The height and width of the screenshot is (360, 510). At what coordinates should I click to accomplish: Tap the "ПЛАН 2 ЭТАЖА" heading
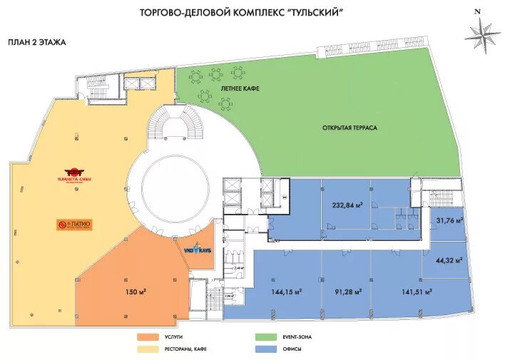[36, 42]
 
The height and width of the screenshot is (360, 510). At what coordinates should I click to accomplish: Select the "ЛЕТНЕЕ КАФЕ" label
[240, 88]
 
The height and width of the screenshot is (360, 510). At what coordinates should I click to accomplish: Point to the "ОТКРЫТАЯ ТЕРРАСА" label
[349, 128]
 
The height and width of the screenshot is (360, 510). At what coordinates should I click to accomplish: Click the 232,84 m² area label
[348, 205]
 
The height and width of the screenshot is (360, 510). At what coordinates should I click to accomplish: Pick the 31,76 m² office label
[449, 220]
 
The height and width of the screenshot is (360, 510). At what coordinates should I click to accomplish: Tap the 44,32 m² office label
[449, 262]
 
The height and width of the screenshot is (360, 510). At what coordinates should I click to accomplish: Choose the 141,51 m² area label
[418, 292]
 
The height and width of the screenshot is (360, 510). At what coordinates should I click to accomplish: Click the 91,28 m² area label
[347, 292]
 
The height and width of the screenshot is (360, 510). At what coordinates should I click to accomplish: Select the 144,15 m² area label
[285, 292]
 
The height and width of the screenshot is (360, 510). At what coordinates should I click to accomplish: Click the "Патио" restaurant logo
[74, 225]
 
